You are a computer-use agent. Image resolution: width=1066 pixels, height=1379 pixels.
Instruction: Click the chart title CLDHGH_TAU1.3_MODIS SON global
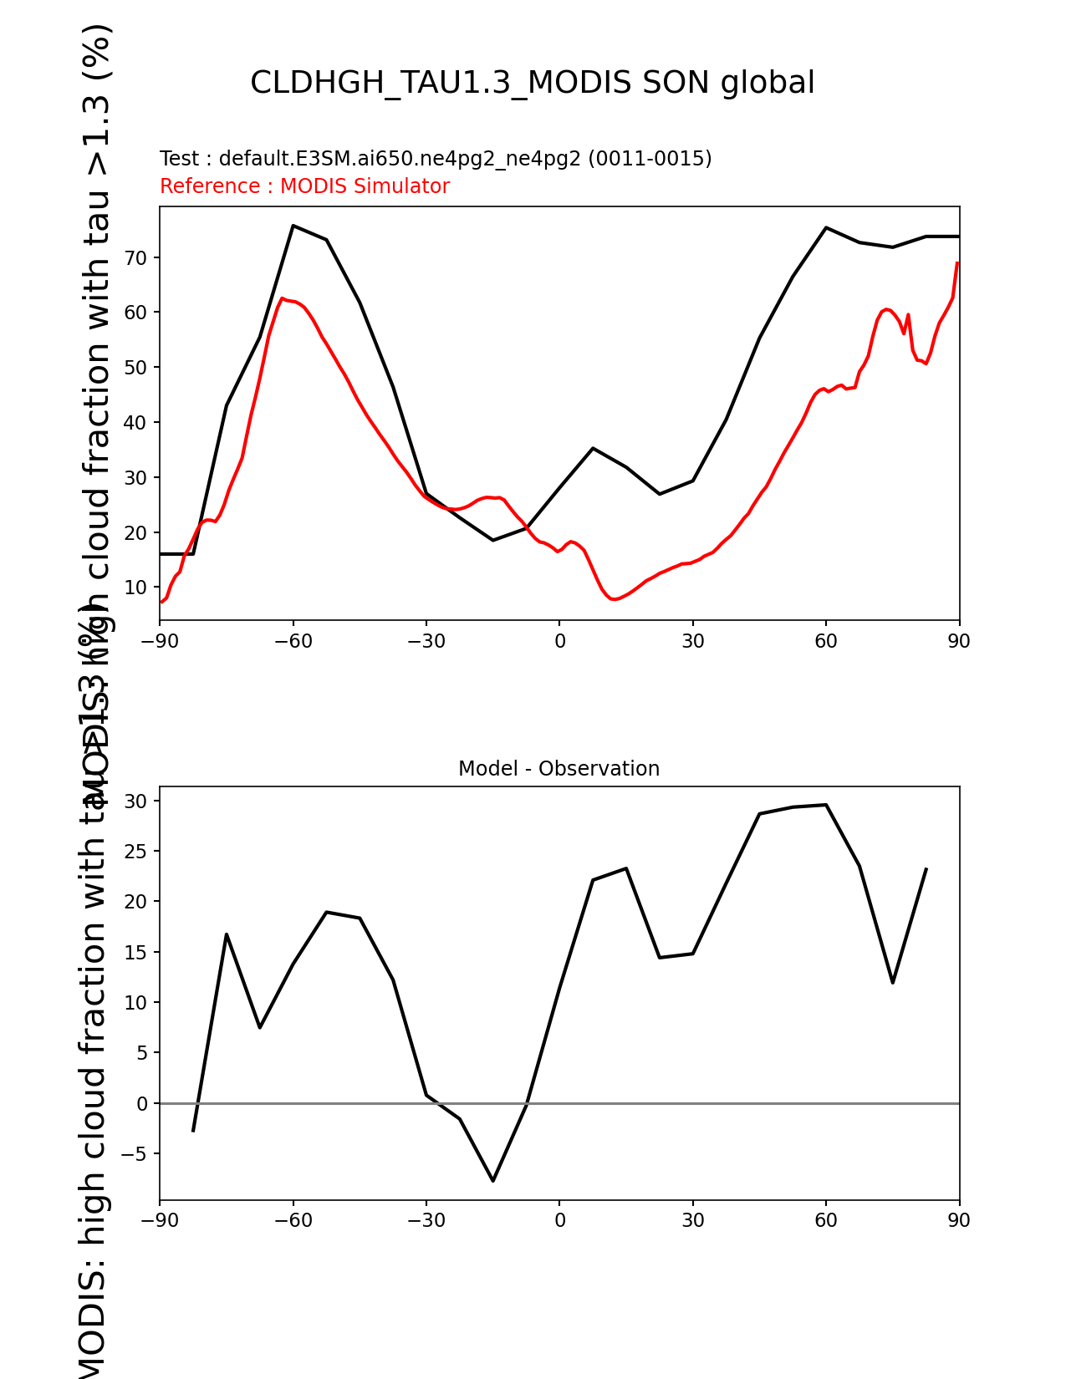tap(532, 83)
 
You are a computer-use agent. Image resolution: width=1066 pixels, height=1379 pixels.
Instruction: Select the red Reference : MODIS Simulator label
tap(304, 186)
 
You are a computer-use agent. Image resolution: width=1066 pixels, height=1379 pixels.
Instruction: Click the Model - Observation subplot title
tap(559, 769)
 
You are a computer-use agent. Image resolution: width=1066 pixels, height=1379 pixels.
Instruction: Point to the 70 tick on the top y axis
tap(135, 257)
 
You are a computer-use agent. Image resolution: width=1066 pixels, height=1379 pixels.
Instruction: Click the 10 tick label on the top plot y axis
tap(135, 588)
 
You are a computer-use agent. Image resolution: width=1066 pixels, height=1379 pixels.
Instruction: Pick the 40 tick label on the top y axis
tap(135, 423)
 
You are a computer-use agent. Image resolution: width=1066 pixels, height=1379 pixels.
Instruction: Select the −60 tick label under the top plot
tap(293, 641)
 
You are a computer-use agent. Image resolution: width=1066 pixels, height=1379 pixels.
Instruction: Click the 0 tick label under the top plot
tap(559, 641)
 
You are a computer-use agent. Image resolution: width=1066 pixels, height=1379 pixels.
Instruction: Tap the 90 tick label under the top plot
tap(959, 641)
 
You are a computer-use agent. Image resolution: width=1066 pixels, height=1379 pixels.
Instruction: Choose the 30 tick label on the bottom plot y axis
tap(135, 801)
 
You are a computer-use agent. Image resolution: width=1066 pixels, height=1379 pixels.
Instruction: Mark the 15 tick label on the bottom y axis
tap(135, 953)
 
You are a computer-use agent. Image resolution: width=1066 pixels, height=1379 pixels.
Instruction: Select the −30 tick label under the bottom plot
tap(426, 1220)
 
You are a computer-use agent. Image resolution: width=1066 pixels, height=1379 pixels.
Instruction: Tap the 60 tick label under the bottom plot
tap(826, 1220)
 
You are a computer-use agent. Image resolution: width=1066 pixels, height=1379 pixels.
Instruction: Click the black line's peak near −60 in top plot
tap(293, 226)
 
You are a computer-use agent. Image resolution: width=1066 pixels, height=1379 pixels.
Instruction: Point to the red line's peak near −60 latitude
tap(283, 298)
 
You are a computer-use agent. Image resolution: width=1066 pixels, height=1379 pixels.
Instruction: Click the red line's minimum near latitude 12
tap(614, 599)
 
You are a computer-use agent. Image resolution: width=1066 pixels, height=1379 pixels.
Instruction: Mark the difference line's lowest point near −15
tap(493, 1180)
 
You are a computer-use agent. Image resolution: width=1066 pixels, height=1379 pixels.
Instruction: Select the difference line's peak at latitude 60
tap(826, 805)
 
